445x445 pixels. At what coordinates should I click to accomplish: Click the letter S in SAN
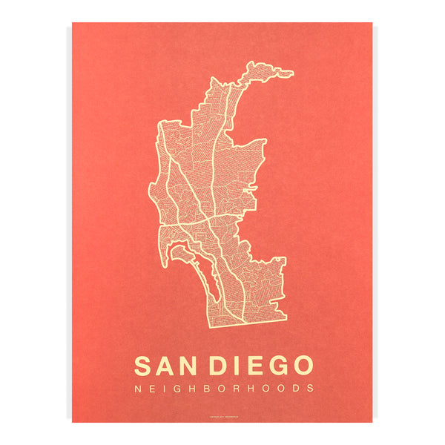coord(145,366)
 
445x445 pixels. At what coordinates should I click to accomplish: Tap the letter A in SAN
coord(167,366)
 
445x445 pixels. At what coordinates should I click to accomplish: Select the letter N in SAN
coord(191,366)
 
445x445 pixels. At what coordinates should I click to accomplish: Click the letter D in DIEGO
coord(220,366)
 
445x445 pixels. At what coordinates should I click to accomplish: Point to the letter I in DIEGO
coord(237,366)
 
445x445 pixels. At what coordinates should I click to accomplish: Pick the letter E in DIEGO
coord(254,366)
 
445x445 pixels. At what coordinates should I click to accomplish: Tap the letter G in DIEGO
coord(276,366)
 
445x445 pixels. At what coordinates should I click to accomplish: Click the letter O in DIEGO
coord(301,366)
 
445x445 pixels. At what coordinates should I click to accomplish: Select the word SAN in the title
coord(168,366)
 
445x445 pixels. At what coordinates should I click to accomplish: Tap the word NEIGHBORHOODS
coord(223,388)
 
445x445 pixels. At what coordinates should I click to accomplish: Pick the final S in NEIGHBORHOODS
coord(311,388)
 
